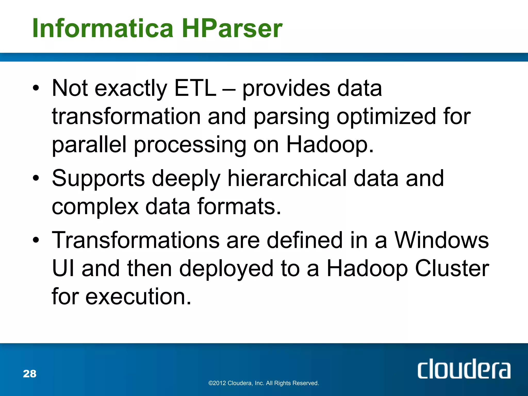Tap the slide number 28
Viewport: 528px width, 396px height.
coord(30,374)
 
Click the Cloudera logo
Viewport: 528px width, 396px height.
coord(464,369)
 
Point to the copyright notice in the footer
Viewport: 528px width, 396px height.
coord(263,383)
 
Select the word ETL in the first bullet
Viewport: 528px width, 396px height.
coord(195,88)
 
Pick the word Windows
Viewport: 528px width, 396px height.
coord(441,240)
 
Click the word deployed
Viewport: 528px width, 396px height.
coord(226,268)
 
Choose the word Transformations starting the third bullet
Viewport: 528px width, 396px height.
coord(136,240)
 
